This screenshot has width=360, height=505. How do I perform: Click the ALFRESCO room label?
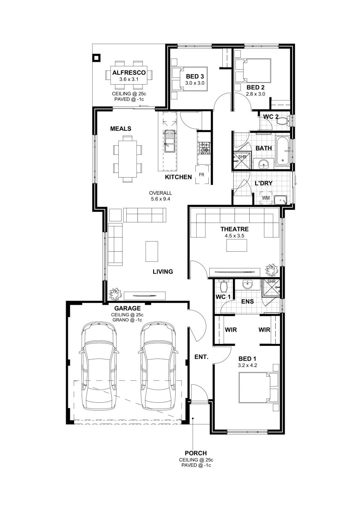129,72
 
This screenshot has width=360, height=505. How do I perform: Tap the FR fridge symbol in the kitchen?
202,175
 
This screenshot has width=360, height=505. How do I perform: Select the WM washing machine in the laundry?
266,198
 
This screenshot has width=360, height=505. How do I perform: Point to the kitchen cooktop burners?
204,148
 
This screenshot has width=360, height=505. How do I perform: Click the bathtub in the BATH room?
282,151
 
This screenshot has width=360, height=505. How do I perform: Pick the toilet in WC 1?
223,286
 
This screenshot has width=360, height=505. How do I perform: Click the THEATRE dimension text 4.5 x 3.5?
234,236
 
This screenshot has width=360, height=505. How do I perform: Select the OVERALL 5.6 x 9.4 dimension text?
160,196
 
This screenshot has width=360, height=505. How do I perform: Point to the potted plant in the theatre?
271,270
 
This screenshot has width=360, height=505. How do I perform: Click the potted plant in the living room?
115,294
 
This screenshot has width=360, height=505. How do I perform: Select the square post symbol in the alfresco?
96,58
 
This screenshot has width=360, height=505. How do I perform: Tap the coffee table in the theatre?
237,245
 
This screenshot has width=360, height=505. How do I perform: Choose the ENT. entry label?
201,357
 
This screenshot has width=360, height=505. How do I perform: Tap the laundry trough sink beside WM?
280,200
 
